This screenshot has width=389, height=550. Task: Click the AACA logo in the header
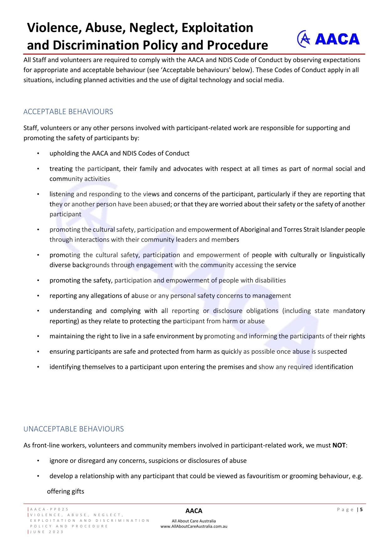(x=328, y=39)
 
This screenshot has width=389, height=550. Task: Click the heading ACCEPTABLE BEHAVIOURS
(x=68, y=112)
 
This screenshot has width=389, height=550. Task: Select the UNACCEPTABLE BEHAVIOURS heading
(x=73, y=429)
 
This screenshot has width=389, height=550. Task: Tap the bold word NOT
(x=339, y=445)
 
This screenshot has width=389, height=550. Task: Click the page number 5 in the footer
(x=361, y=510)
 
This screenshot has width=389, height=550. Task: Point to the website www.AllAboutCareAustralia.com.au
(x=194, y=526)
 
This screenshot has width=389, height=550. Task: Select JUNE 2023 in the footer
(x=47, y=532)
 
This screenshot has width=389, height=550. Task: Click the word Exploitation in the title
(x=217, y=28)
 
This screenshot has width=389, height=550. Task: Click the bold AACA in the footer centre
(x=194, y=511)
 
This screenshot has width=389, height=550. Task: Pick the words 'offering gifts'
(x=66, y=491)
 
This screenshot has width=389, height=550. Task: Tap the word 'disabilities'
(x=270, y=280)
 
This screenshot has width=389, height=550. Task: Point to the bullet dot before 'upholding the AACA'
(x=38, y=153)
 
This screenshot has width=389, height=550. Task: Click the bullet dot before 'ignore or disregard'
(x=38, y=461)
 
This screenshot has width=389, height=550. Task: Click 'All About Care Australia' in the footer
(x=194, y=521)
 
